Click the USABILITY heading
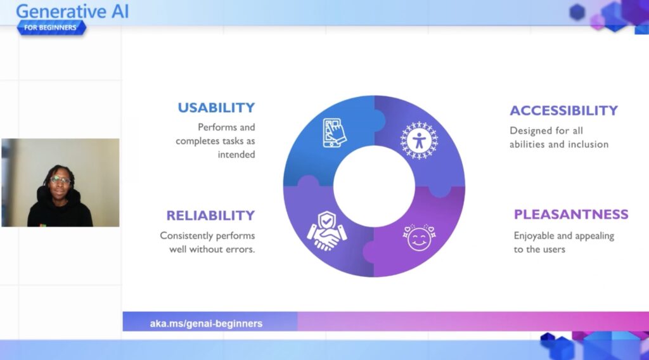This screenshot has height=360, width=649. [217, 108]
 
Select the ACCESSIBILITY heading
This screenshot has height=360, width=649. [563, 110]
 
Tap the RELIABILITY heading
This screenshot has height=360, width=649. [210, 215]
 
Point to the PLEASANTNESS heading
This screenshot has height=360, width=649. [571, 214]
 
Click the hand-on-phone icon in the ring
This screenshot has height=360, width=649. [335, 133]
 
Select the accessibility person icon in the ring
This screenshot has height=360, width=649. [419, 141]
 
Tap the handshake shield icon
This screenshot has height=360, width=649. [326, 231]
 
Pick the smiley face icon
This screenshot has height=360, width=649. [419, 238]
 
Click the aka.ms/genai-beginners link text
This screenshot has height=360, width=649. [206, 324]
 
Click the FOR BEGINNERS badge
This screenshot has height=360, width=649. [51, 28]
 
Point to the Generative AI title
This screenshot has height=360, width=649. [72, 11]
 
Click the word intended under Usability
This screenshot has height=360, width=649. [236, 155]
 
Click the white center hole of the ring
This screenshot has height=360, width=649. [374, 186]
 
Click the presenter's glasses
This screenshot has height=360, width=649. [60, 180]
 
